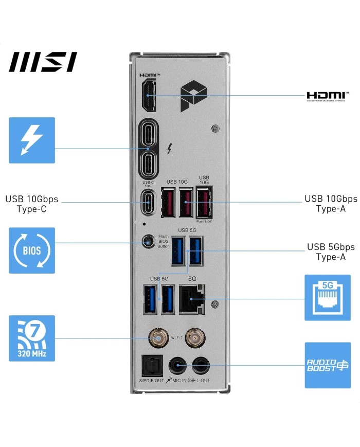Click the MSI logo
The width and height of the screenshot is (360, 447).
coord(43,62)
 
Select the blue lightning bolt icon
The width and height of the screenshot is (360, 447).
coord(31,140)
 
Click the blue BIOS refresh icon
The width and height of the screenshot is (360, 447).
coord(31,251)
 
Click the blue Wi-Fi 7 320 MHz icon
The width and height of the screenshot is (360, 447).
coord(31,338)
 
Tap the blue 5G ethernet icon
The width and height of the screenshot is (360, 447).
coord(328,297)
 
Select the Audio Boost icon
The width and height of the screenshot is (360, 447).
coord(328,365)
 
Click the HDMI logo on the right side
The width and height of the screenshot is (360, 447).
coord(326,96)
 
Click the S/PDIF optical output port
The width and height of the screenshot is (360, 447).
coord(152,366)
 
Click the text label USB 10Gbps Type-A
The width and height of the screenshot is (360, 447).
coord(331,203)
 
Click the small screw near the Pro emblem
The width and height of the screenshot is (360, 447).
coord(215,128)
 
